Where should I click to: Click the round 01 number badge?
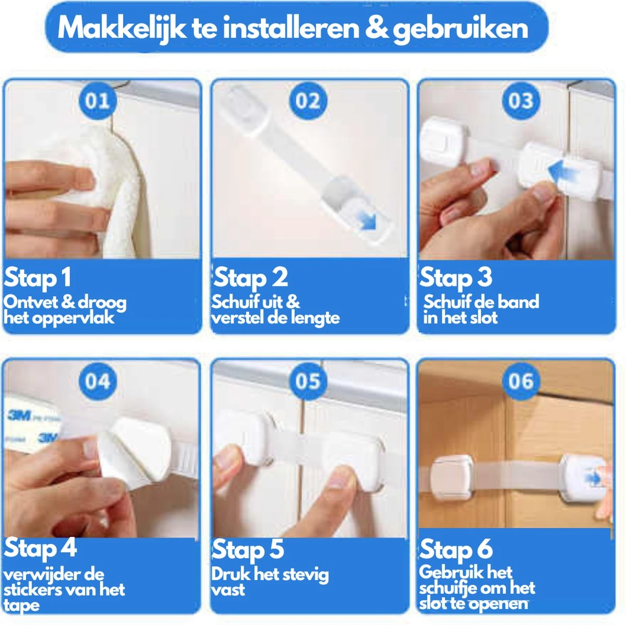(98, 100)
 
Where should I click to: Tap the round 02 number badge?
(308, 100)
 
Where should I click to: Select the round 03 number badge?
(521, 100)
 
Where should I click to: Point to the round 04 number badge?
(98, 381)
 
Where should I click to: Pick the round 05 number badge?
(308, 381)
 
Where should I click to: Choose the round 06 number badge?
(521, 381)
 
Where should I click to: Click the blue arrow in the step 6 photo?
(593, 477)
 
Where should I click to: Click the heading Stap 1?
(37, 278)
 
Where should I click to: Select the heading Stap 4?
(40, 548)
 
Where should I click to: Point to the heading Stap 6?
(456, 549)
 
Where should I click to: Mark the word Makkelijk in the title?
(122, 28)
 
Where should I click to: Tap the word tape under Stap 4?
(21, 606)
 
